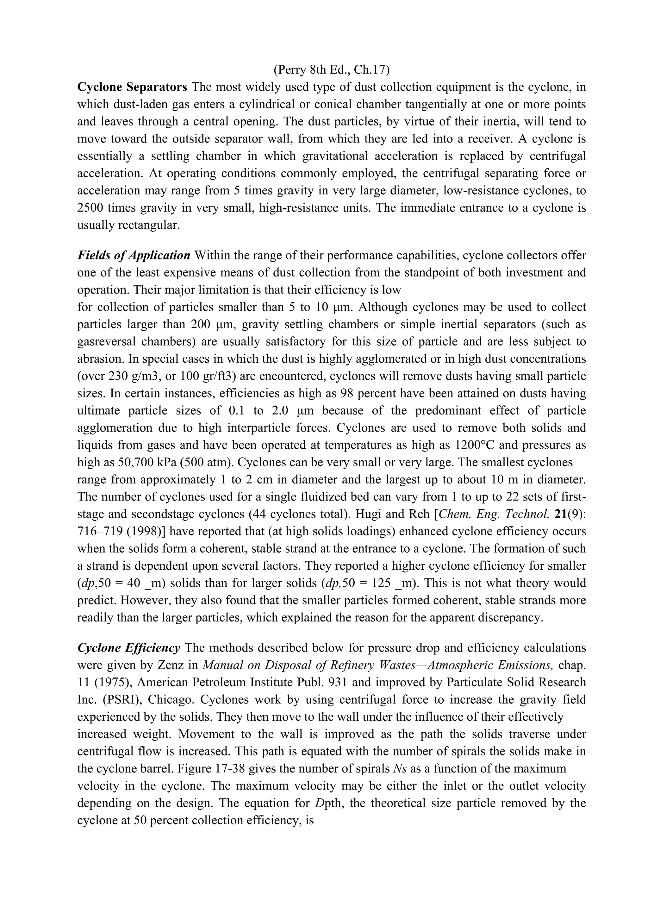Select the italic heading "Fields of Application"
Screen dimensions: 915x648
[134, 255]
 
